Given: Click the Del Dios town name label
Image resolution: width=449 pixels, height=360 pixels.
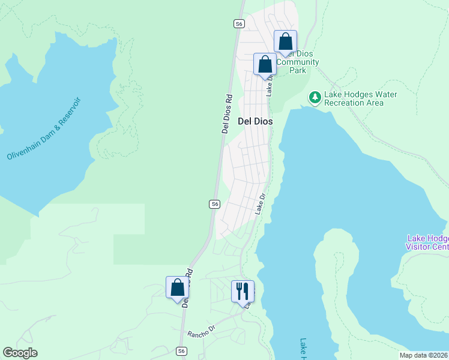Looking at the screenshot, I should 256,121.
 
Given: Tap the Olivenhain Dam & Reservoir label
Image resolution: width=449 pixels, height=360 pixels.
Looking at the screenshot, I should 43,129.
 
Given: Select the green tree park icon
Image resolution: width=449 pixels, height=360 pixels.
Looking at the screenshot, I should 315,97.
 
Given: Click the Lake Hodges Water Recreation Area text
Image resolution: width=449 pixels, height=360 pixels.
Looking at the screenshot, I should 360,98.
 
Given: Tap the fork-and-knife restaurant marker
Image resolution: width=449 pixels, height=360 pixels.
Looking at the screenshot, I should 243,292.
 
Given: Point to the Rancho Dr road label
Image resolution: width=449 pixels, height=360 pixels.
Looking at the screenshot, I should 201,331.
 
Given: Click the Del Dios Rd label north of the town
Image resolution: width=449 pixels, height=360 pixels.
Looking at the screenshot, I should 227,113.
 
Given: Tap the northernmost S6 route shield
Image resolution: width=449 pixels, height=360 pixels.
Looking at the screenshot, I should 239,23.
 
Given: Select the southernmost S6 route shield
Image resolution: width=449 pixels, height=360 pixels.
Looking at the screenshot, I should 182,351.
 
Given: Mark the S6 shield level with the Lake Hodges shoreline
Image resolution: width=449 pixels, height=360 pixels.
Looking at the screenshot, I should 214,204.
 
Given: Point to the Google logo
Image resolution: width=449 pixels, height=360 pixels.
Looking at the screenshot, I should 20,353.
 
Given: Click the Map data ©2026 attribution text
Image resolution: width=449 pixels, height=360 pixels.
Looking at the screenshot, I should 424,355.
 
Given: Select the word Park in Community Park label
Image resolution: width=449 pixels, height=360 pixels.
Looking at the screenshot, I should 298,70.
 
